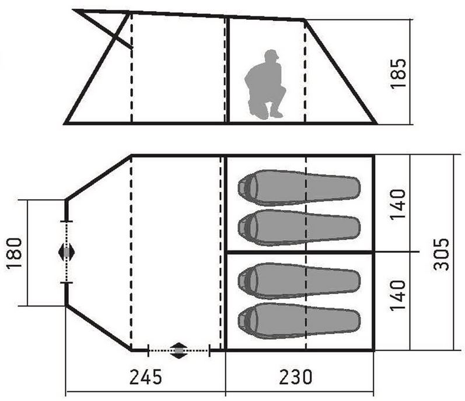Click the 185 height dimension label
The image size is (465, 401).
coord(398,74)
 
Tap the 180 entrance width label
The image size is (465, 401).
coord(14,253)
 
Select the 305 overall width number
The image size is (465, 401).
coord(441,254)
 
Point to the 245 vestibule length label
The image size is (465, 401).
coord(146,376)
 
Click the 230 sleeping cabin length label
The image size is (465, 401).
coord(296,376)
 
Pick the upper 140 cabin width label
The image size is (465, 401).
coord(397,204)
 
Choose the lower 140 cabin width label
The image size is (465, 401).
coord(397,295)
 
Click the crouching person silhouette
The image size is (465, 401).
coord(265,85)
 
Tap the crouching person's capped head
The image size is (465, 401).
coord(271,55)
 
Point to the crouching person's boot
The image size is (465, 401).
coord(276,114)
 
